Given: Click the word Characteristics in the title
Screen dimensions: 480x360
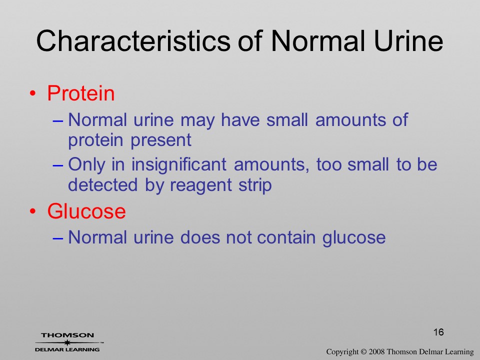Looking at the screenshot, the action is point(133,40).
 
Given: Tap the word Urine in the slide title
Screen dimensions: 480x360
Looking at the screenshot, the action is point(408,40).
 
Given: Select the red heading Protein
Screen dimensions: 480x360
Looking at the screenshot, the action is point(81,93).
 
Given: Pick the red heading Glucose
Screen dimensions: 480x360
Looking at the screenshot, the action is point(86,211).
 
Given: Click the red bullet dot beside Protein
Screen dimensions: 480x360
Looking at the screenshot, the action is point(33,93).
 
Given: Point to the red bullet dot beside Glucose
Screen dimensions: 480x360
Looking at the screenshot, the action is point(33,211).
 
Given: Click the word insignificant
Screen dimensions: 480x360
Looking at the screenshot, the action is point(179,164).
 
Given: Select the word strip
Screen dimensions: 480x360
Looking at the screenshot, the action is point(255,185).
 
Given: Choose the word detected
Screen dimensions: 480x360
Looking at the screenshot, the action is point(102,185).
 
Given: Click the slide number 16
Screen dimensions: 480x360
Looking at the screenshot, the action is point(438,332).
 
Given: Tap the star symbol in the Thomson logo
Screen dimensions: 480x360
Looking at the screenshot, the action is point(67,342).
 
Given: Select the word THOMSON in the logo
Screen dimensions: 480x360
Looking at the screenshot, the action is point(67,335).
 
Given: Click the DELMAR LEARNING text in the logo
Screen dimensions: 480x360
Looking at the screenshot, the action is point(67,349).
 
